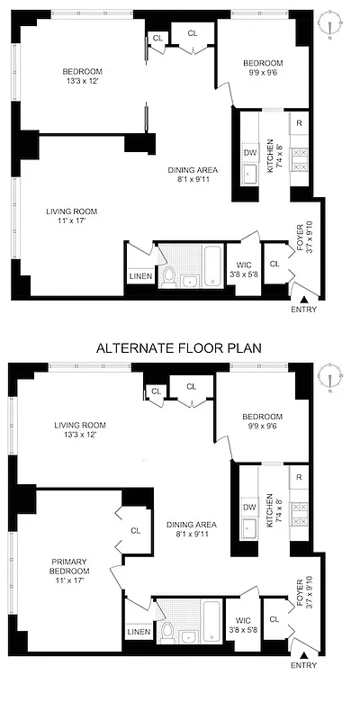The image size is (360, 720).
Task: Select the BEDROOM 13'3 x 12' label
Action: pyautogui.click(x=82, y=77)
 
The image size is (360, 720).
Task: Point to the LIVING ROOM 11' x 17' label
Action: pyautogui.click(x=71, y=217)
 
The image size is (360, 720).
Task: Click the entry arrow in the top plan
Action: pyautogui.click(x=305, y=300)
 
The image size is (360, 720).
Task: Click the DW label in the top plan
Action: pyautogui.click(x=250, y=152)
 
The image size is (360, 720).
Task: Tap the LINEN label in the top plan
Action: pyautogui.click(x=139, y=276)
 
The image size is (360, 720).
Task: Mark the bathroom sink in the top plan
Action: pyautogui.click(x=189, y=281)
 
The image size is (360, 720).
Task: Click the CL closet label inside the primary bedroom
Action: pyautogui.click(x=135, y=531)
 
